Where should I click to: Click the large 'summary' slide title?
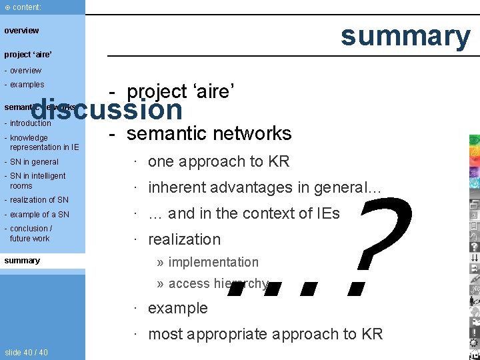point(405,36)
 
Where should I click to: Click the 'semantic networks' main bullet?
point(209,133)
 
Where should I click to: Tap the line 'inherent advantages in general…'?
point(264,188)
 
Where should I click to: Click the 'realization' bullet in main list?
point(184,239)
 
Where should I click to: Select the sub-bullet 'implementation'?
point(213,263)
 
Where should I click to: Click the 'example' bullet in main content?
point(177,308)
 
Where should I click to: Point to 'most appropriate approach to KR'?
point(265,334)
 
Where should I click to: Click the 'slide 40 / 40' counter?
point(26,352)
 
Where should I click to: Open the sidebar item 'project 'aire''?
point(28,55)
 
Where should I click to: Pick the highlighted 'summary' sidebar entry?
point(22,261)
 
